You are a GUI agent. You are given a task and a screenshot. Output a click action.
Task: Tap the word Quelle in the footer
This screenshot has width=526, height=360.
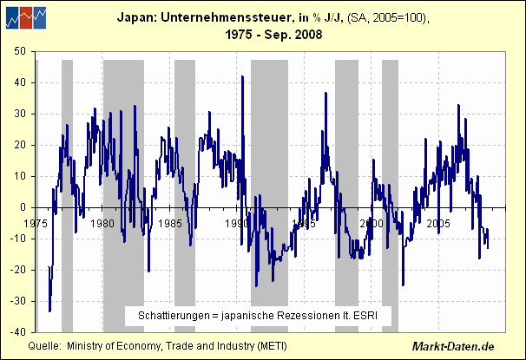tap(44, 345)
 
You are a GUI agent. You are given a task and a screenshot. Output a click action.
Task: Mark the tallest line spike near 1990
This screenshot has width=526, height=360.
tap(241, 76)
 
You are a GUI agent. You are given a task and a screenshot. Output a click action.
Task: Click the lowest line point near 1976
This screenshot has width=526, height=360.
tap(49, 311)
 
